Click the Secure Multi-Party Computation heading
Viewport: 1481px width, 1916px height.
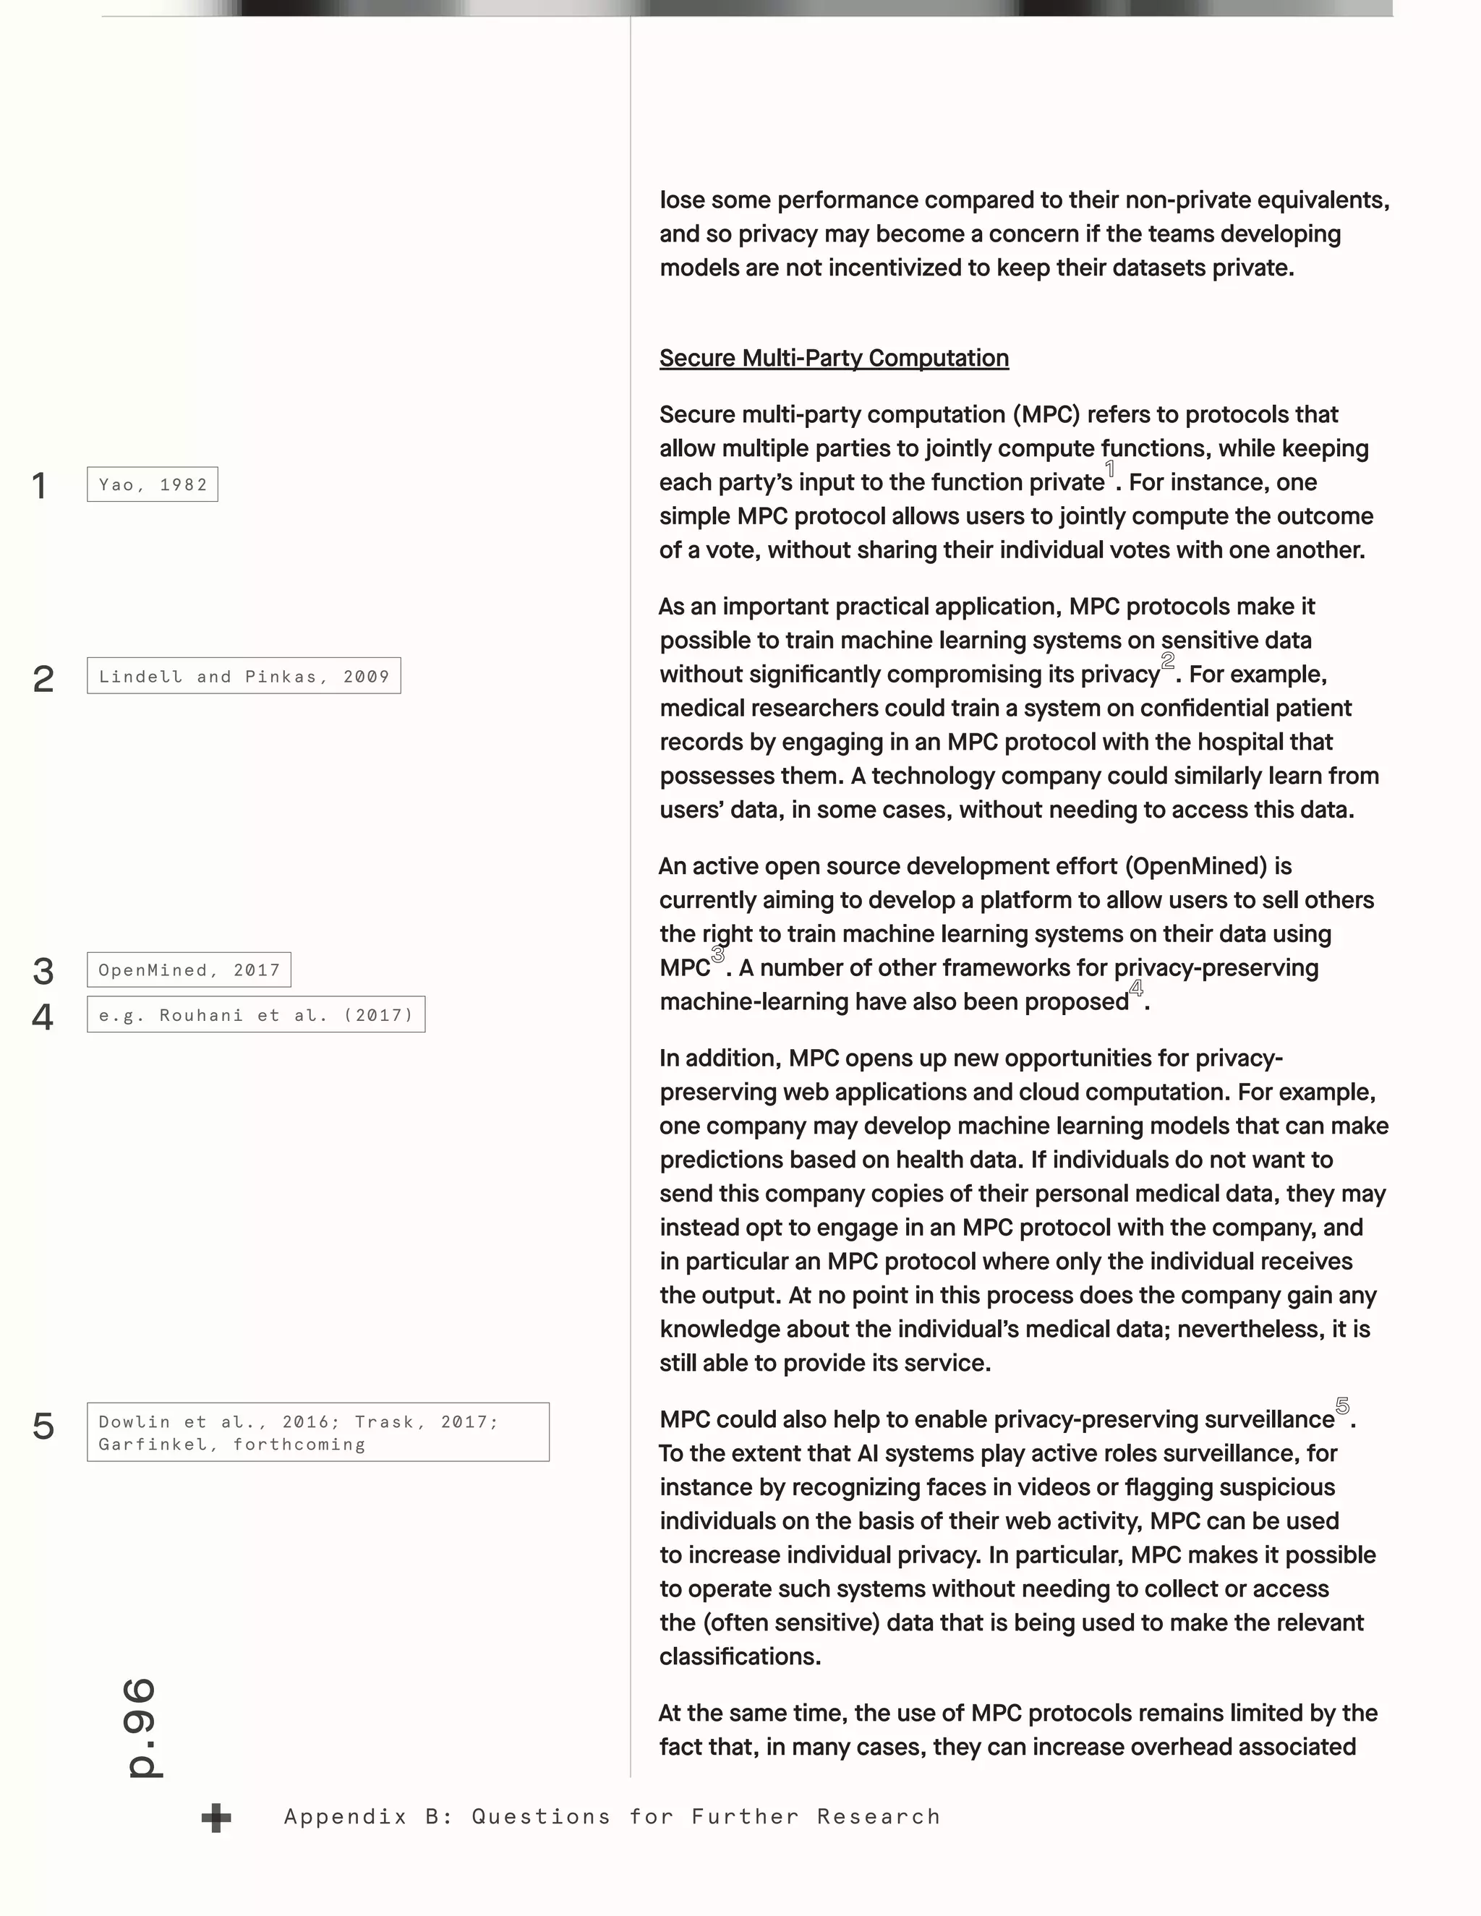coord(834,358)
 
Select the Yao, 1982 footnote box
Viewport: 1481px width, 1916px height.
coord(153,484)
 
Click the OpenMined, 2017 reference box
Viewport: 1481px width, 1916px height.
coord(189,970)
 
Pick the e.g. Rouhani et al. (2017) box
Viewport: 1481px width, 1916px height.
coord(255,1015)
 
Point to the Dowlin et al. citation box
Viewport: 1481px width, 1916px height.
coord(317,1432)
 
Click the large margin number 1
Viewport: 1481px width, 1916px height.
coord(40,486)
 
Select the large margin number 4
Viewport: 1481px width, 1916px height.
coord(42,1017)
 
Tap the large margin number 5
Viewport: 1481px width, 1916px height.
coord(43,1427)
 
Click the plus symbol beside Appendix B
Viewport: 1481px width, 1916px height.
coord(215,1817)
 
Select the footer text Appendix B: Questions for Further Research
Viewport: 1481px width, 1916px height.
coord(612,1816)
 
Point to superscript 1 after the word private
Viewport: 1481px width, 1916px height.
coord(1110,469)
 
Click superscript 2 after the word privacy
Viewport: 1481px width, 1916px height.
coord(1168,661)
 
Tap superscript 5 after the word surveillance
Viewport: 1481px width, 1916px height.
coord(1342,1406)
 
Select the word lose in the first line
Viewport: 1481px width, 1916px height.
coord(682,201)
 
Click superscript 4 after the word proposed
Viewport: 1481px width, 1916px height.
coord(1136,988)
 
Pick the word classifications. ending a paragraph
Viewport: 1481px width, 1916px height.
coord(740,1656)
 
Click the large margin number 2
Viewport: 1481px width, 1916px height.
coord(43,679)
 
